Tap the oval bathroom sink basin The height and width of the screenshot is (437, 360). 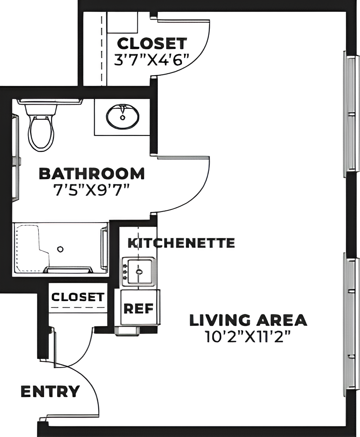click(123, 116)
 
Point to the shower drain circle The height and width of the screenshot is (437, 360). click(61, 249)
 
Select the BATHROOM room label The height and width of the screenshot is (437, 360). click(92, 174)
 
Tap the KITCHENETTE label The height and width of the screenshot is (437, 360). click(181, 243)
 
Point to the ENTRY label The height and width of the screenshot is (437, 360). click(50, 391)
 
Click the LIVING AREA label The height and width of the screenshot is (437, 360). click(248, 320)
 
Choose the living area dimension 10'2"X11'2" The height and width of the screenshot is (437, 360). click(248, 337)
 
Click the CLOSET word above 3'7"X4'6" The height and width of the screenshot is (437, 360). click(152, 43)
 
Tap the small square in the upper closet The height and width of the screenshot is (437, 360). click(123, 22)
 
